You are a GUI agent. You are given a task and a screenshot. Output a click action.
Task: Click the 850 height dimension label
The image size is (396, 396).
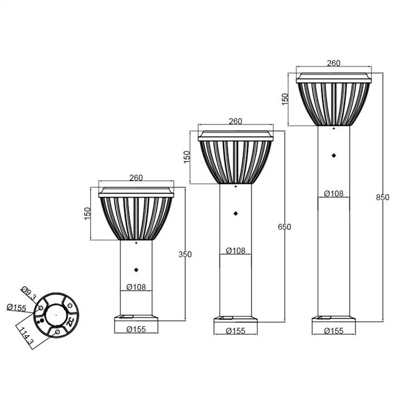[382, 197]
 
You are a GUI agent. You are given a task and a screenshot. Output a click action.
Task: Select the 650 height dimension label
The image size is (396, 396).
[284, 227]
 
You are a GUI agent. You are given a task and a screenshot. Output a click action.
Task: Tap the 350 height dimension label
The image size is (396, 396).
[185, 254]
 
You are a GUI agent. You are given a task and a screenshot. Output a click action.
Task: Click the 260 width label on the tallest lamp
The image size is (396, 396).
[334, 63]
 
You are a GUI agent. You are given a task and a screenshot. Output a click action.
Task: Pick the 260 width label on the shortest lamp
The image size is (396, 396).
[136, 178]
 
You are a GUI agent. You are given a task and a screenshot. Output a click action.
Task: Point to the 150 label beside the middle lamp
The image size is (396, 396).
[187, 157]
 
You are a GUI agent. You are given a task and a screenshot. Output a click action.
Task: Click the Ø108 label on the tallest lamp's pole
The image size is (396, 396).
[334, 194]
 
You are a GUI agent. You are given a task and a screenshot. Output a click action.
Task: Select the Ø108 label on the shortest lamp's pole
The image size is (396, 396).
[136, 287]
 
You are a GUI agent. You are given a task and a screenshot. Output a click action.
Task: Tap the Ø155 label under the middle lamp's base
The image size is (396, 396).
[235, 330]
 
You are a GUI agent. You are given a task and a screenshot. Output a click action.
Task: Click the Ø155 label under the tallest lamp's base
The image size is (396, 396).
[334, 330]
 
